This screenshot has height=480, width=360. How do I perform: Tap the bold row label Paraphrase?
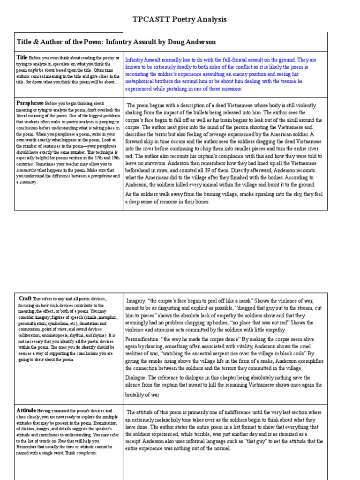(x=30, y=102)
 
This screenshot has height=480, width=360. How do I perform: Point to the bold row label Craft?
(x=25, y=298)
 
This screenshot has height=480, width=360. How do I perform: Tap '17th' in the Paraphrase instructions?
(x=97, y=157)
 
